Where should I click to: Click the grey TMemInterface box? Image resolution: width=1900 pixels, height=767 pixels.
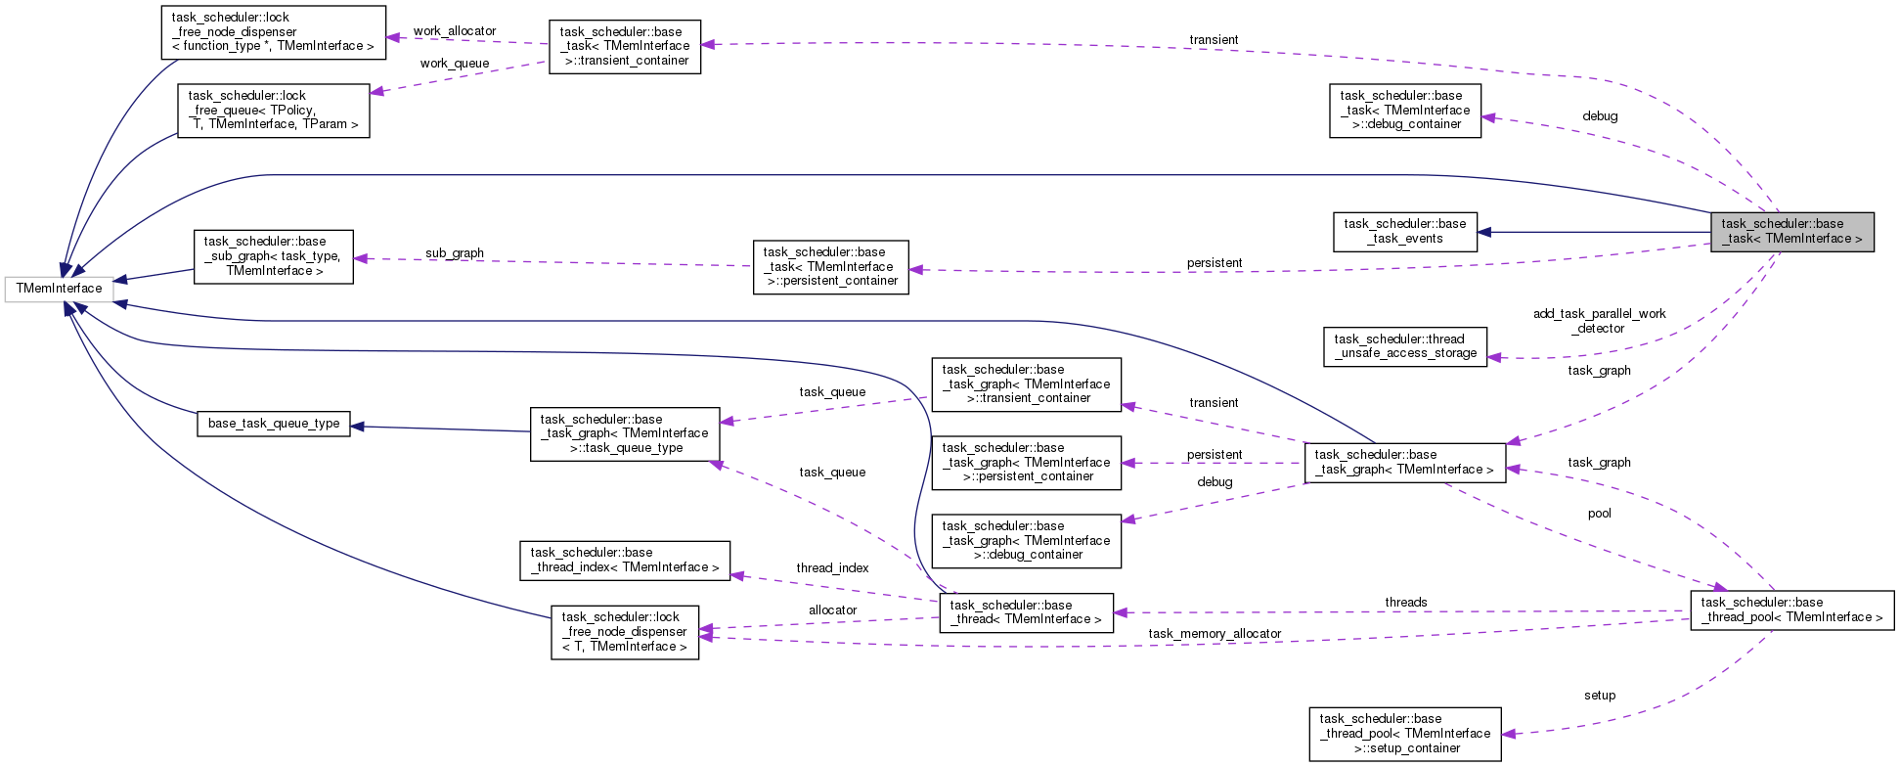click(59, 289)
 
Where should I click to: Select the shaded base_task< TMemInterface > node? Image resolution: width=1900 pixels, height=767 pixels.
click(1791, 232)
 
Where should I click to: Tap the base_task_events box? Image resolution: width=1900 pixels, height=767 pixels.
click(1404, 232)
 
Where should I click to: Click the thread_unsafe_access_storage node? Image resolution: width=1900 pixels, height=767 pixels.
click(1405, 346)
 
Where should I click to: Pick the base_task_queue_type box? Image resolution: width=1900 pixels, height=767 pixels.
click(274, 424)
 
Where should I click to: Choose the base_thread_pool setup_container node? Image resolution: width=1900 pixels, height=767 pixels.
click(1404, 734)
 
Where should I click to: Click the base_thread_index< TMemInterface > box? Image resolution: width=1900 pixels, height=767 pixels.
click(624, 560)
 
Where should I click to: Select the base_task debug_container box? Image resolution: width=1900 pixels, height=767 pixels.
click(1404, 110)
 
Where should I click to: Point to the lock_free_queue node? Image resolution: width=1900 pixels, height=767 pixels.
click(273, 110)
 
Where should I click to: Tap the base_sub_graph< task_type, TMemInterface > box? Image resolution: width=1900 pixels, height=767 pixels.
click(273, 256)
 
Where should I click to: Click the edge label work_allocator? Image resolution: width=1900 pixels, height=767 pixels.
click(454, 31)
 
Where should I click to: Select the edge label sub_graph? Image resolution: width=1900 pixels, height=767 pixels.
click(454, 253)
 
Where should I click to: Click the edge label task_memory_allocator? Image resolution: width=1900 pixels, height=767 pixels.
click(1214, 634)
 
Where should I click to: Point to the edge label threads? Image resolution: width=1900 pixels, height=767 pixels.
click(1405, 603)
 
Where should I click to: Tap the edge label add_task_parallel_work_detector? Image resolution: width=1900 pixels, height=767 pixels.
click(1599, 321)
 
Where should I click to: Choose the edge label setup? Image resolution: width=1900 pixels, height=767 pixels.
click(1599, 696)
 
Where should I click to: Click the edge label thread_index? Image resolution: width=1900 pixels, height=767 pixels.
click(831, 568)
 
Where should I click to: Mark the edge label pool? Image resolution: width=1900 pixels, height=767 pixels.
click(1599, 514)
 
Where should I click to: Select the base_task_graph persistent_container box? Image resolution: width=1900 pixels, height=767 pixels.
click(1026, 463)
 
